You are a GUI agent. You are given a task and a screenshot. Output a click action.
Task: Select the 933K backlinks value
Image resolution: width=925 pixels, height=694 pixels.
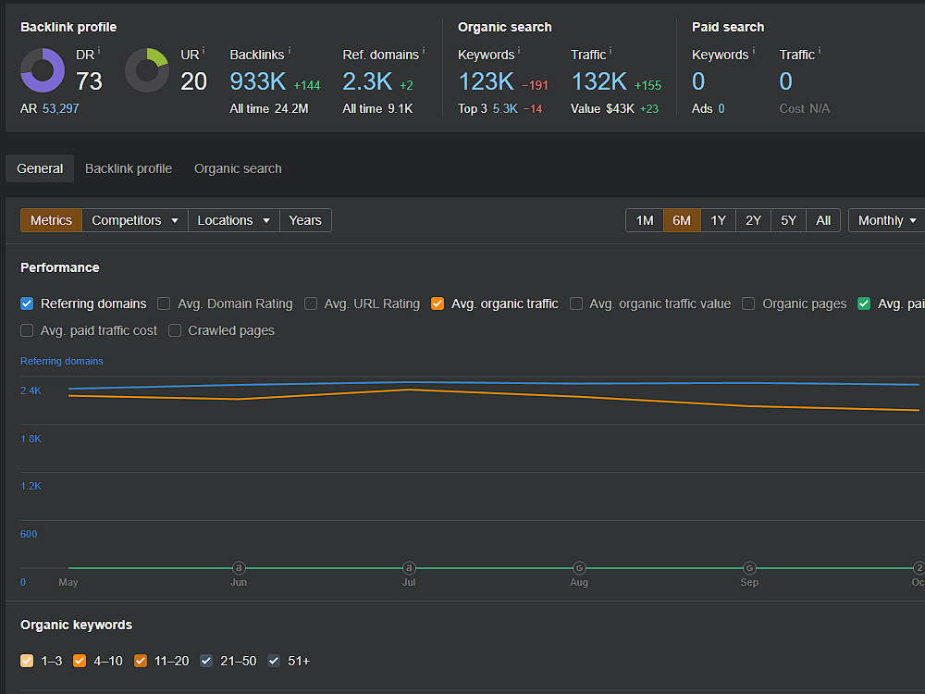click(258, 81)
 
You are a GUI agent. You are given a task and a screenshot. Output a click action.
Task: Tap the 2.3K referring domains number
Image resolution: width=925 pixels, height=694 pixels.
click(367, 81)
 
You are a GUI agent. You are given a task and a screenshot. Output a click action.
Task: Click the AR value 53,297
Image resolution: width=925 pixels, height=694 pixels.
click(61, 108)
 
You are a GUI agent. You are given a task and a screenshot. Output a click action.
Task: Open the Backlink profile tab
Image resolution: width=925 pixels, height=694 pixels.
click(129, 168)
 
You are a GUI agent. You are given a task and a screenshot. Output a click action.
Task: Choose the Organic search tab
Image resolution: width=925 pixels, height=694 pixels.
click(238, 168)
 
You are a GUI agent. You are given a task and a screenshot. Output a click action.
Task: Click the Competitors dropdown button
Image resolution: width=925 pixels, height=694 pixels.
click(135, 220)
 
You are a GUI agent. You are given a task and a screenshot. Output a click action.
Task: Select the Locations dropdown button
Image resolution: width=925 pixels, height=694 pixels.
click(234, 220)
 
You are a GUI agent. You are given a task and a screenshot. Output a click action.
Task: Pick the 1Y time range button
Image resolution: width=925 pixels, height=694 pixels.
click(718, 220)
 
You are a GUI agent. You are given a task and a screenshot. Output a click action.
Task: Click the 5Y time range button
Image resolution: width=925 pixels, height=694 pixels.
click(788, 220)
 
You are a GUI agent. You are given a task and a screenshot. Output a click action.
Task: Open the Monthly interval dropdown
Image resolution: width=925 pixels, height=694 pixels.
click(887, 220)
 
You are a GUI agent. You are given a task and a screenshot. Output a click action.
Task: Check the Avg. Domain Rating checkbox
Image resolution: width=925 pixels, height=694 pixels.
click(164, 304)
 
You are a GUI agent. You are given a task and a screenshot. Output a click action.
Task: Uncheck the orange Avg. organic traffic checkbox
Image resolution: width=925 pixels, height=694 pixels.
click(438, 304)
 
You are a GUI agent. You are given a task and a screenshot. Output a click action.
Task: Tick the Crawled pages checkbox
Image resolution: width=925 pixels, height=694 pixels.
click(175, 330)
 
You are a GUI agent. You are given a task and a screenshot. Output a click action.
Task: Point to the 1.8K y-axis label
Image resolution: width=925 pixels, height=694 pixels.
click(31, 439)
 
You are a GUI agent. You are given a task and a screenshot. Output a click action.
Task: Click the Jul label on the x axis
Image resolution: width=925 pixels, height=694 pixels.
click(409, 582)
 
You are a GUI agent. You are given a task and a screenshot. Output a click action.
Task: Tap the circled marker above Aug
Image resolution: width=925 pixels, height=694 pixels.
click(579, 568)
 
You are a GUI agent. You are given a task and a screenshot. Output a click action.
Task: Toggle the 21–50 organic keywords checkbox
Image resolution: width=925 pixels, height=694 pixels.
click(206, 661)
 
